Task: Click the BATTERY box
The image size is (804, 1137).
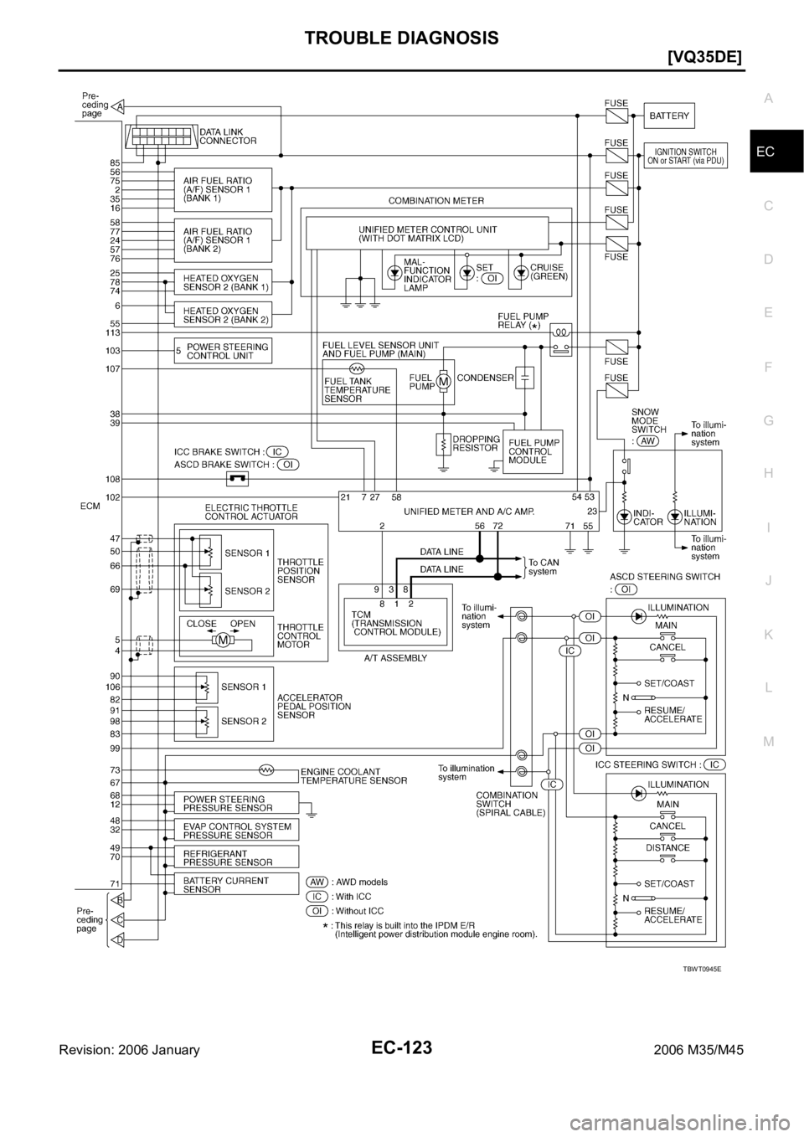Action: (669, 116)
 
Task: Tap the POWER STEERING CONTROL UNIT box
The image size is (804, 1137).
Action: (223, 351)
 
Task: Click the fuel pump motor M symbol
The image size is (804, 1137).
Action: (443, 382)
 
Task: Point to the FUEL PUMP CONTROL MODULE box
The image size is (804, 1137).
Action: (532, 451)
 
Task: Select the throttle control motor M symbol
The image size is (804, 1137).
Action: (224, 641)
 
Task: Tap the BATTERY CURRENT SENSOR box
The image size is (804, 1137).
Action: (235, 885)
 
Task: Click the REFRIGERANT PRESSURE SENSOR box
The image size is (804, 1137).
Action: (235, 857)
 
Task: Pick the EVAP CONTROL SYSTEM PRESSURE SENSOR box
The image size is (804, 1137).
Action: (235, 830)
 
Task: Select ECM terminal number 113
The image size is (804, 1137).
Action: (110, 332)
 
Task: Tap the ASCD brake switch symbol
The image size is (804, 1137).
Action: (237, 479)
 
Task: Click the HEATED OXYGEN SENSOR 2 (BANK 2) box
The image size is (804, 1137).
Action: (222, 316)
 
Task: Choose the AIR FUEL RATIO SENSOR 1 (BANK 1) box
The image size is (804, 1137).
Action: (223, 190)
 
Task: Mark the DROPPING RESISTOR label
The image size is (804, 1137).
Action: (476, 443)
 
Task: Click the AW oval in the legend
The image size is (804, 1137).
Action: (316, 882)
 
